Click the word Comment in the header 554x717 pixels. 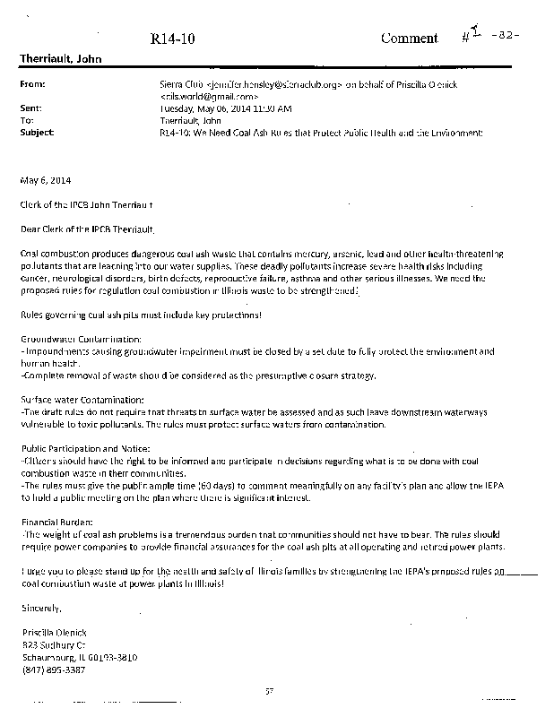[x=409, y=38]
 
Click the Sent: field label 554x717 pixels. [x=30, y=107]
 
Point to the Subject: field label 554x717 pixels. [x=37, y=131]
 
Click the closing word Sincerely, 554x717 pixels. [x=40, y=609]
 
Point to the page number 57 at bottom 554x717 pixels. [x=268, y=689]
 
